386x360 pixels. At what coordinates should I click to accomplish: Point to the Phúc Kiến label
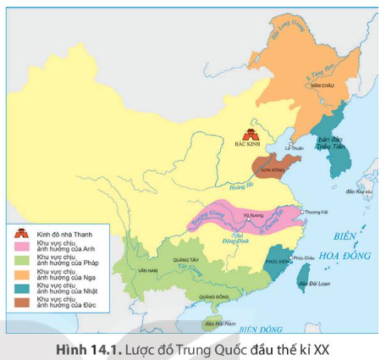coord(278,261)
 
